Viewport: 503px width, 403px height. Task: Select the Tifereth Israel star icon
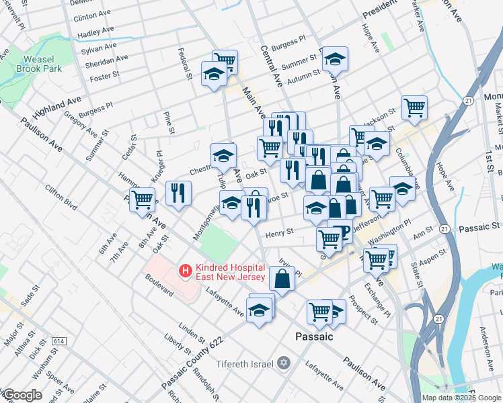coord(284,363)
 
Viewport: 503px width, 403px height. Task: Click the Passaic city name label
coord(315,336)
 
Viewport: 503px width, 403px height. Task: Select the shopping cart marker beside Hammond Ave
coord(142,199)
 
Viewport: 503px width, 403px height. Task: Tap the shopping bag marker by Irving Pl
coord(282,277)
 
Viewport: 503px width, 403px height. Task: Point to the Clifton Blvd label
coord(61,195)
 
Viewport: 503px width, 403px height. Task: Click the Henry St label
coord(280,232)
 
